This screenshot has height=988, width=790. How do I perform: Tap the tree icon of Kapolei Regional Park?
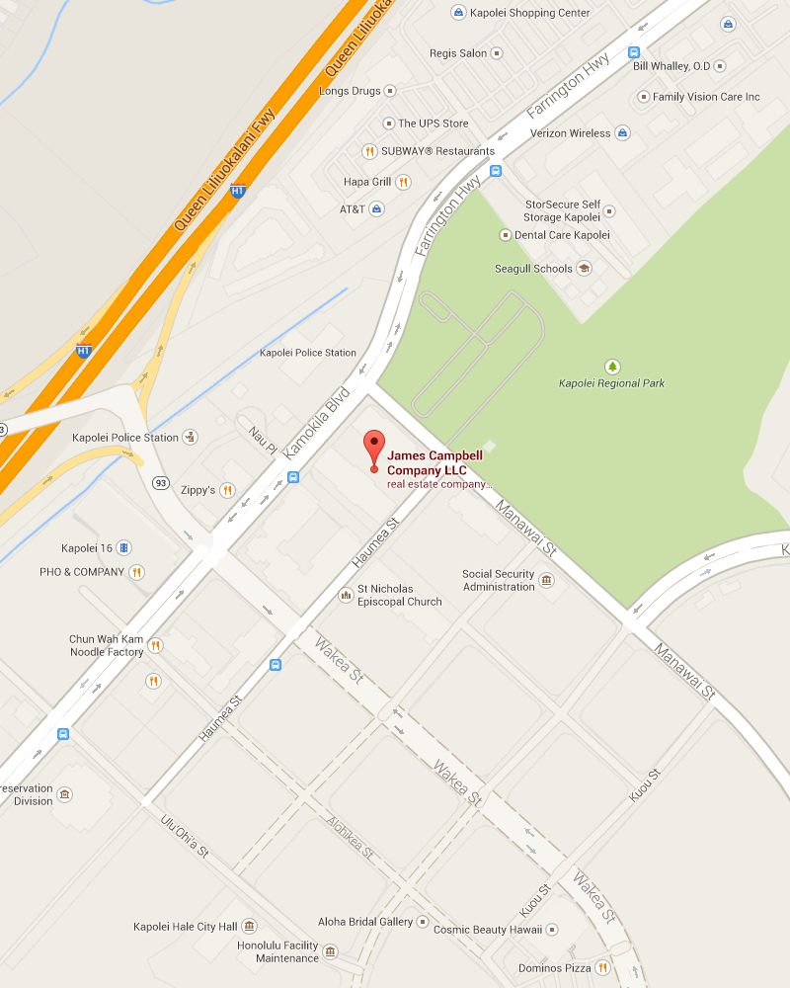point(612,367)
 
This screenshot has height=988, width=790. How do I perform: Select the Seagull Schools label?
point(533,269)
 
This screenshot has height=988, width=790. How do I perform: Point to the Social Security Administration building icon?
point(546,580)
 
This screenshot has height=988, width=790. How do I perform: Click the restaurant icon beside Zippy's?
point(227,490)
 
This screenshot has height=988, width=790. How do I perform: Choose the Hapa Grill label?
point(367,182)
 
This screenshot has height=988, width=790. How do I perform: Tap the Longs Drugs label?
point(350,91)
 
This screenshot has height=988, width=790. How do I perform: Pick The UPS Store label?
point(433,123)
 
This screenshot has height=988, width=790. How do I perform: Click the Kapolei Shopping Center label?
point(530,13)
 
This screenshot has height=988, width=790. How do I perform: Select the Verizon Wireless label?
point(570,133)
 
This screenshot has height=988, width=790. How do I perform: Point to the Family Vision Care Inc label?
point(706,97)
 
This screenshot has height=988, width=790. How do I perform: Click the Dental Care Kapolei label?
point(562,235)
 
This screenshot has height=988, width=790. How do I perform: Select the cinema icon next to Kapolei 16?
point(123,547)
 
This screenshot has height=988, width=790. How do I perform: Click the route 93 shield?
point(159,482)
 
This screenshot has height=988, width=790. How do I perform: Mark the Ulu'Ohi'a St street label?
point(185,836)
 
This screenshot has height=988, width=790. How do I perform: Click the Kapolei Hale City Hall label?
point(185,927)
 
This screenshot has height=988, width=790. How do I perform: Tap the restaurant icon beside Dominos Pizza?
point(602,968)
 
